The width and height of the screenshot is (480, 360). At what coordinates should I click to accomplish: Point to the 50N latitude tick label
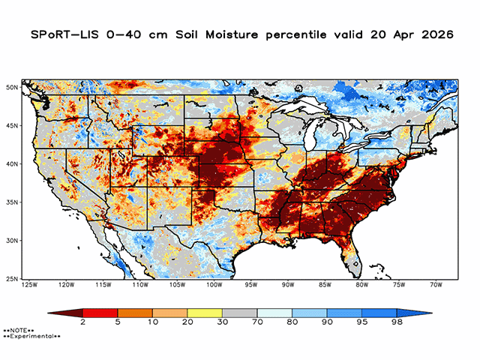pyautogui.click(x=13, y=88)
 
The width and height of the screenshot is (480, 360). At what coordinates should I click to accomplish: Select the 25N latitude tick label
pyautogui.click(x=13, y=279)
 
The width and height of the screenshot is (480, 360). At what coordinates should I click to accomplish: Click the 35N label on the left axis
pyautogui.click(x=13, y=202)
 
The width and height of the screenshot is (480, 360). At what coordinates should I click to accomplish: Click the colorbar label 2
pyautogui.click(x=82, y=322)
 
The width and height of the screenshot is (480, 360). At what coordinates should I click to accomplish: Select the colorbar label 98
pyautogui.click(x=397, y=322)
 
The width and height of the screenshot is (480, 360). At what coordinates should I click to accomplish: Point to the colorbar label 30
pyautogui.click(x=222, y=322)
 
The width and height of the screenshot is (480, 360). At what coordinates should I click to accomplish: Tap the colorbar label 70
pyautogui.click(x=257, y=322)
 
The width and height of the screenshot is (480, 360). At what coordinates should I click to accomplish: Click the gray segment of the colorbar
pyautogui.click(x=239, y=311)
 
